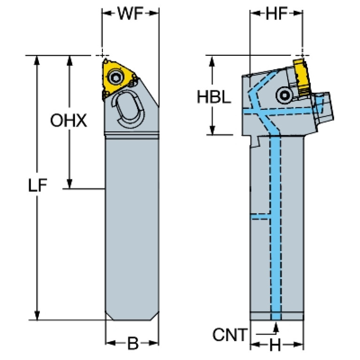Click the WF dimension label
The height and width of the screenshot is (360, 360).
130,13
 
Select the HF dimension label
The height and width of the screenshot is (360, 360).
276,13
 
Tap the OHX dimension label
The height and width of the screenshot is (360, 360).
69,120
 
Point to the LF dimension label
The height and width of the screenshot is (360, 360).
38,185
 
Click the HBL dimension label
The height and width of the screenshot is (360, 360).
214,97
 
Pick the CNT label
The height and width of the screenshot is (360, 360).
230,335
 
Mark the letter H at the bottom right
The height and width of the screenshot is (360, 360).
275,345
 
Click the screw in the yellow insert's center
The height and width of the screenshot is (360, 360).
115,77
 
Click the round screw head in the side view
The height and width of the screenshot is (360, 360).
285,95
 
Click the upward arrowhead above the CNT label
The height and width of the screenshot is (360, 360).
276,327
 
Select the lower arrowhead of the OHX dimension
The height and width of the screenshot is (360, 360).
69,184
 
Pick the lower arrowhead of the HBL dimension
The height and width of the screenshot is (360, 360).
212,130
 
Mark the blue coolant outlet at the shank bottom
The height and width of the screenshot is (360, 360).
276,316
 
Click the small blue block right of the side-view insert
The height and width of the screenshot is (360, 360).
320,105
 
